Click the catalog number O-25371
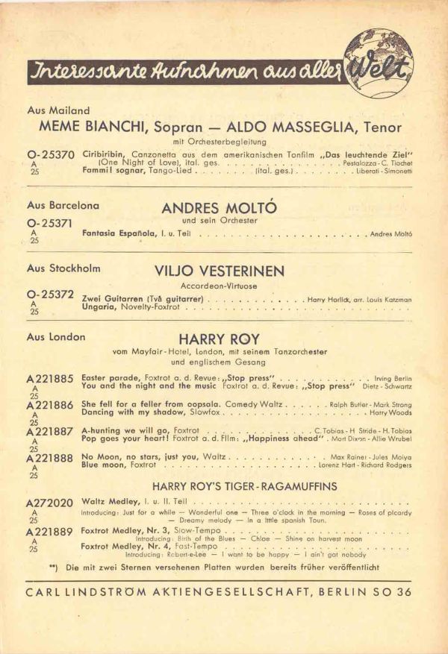51,223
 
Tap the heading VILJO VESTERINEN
220,271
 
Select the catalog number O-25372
51,295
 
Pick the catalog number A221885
50,379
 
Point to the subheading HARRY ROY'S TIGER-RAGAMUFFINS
244,485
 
